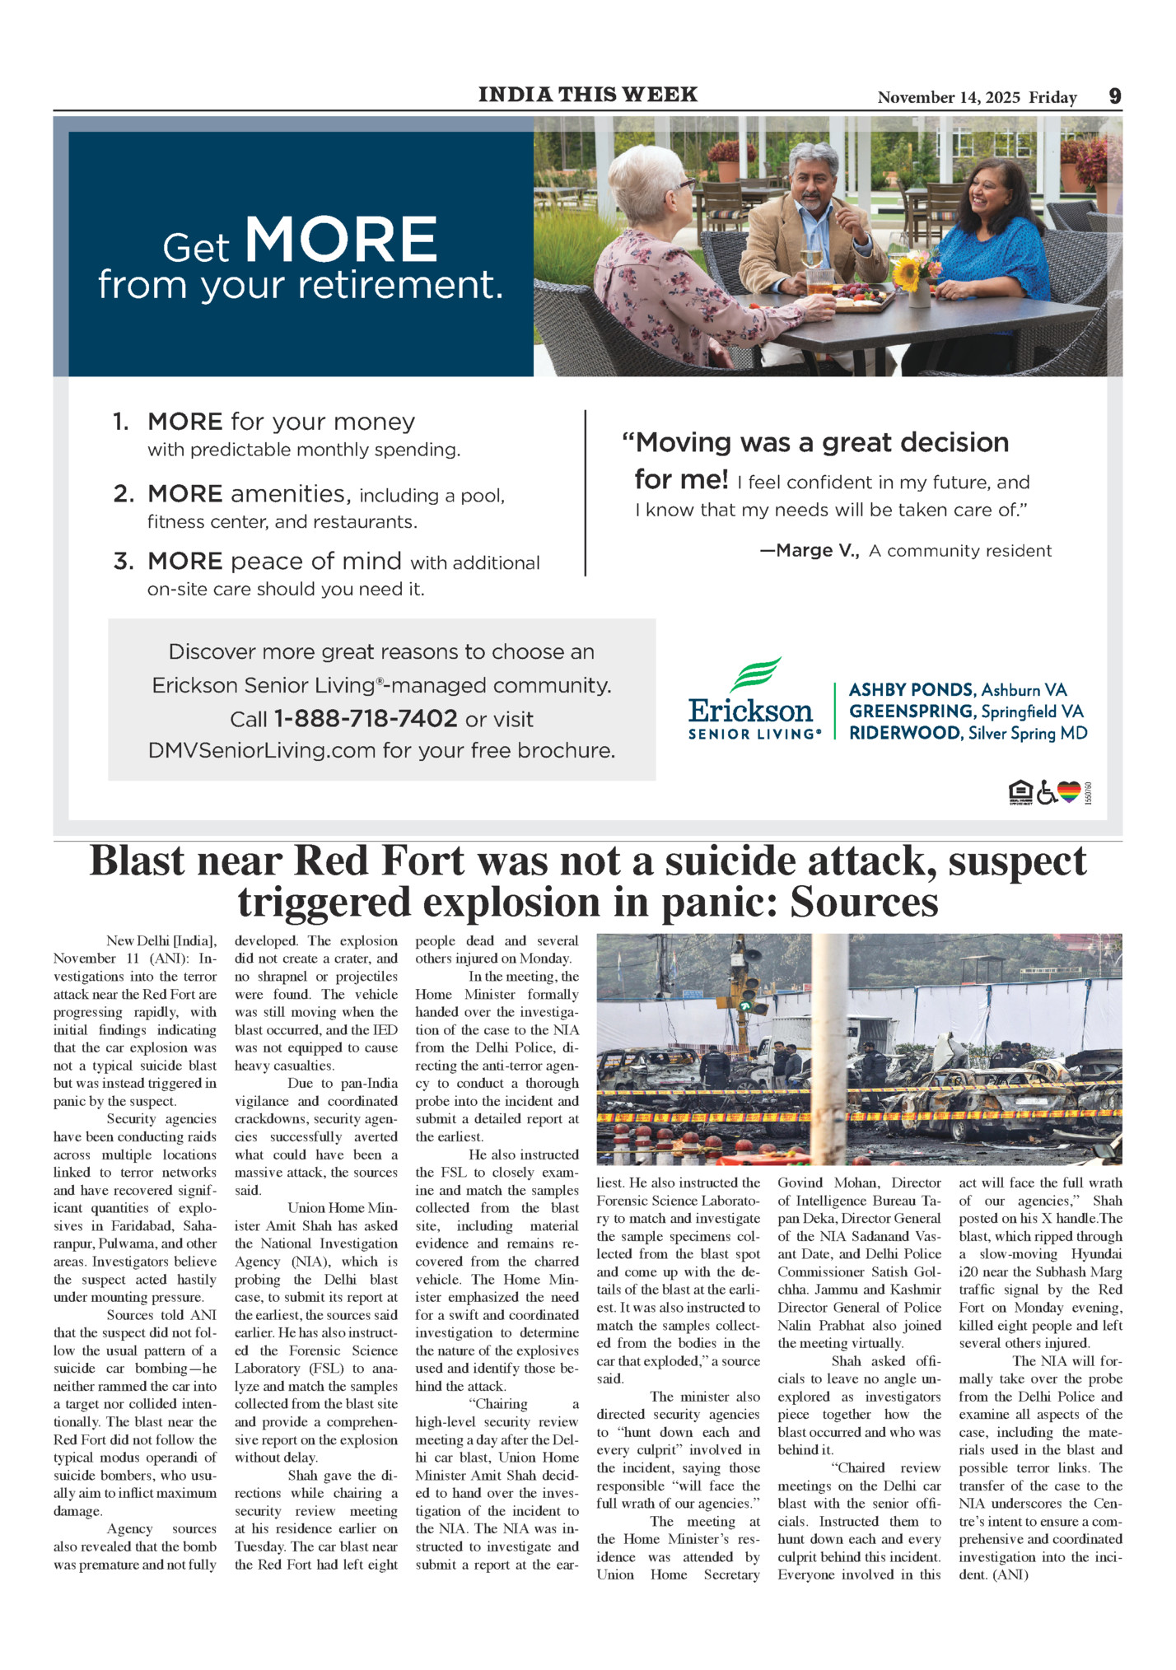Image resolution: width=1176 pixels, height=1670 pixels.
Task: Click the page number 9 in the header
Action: [x=1114, y=96]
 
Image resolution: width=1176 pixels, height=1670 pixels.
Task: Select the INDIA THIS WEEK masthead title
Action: [x=588, y=95]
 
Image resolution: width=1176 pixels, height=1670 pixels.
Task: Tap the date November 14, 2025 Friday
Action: [x=977, y=97]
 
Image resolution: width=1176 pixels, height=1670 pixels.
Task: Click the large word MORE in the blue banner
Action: [x=341, y=240]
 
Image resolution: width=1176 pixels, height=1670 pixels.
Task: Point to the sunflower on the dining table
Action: [x=908, y=273]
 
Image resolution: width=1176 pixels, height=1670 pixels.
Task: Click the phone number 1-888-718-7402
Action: [x=365, y=719]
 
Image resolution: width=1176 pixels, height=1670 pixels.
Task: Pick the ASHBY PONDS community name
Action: [x=912, y=690]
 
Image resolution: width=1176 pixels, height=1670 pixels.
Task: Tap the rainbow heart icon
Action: [x=1068, y=792]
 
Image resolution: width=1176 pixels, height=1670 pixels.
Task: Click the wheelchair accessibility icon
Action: [x=1046, y=792]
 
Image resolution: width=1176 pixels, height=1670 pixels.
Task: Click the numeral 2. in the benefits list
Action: [x=124, y=494]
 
